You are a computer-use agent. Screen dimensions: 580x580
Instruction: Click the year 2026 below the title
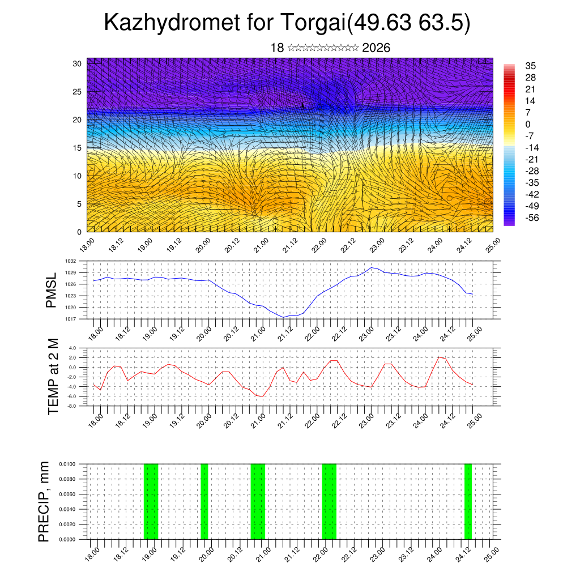[376, 48]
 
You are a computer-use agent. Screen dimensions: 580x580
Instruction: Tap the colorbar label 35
[531, 66]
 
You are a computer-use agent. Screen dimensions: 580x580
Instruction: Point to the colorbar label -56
[532, 217]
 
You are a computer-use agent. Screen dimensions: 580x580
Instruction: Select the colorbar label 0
[528, 124]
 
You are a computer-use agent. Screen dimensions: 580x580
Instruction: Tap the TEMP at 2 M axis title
[54, 377]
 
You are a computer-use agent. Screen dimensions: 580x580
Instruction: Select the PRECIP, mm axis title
[44, 501]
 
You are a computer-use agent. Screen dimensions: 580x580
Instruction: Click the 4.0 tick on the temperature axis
[72, 348]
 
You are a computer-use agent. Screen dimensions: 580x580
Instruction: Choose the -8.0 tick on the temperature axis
[72, 406]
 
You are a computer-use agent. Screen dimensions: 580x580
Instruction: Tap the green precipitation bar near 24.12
[468, 501]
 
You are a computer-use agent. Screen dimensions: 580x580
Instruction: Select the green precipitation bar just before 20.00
[204, 501]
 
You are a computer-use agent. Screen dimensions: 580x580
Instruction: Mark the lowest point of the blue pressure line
[283, 317]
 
